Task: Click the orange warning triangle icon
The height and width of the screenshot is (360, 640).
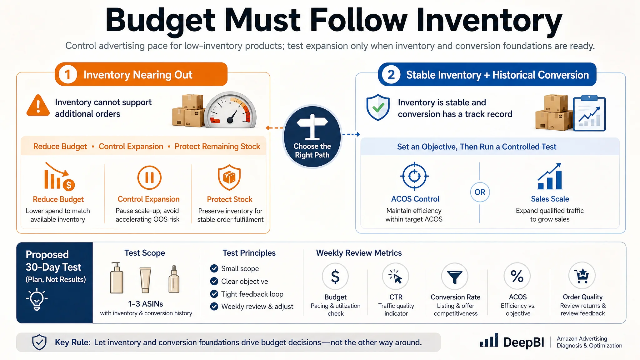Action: click(x=38, y=105)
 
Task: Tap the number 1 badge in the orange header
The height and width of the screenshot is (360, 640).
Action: click(x=67, y=75)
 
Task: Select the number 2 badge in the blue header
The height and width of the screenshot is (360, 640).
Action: click(x=391, y=75)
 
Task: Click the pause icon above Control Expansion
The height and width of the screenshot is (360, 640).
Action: click(x=149, y=177)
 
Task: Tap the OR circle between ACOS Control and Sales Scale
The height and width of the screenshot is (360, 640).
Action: click(x=480, y=192)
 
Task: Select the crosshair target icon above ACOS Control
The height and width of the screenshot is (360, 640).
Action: click(x=414, y=176)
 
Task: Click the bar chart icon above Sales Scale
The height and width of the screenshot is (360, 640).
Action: click(x=550, y=176)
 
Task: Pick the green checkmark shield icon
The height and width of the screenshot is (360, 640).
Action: click(x=378, y=107)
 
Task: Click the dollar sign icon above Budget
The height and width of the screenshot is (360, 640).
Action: click(x=335, y=277)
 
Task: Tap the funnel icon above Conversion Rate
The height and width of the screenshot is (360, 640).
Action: click(x=455, y=277)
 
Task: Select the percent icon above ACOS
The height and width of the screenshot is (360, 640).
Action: click(x=517, y=276)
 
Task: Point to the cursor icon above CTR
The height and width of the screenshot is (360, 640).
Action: click(x=396, y=276)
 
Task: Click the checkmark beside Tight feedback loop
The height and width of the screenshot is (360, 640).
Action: click(x=214, y=294)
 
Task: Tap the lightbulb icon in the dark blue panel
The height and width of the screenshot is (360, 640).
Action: click(x=37, y=299)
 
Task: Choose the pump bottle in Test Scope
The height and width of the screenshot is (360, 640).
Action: click(x=117, y=277)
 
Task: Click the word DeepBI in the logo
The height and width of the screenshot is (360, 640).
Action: click(x=524, y=342)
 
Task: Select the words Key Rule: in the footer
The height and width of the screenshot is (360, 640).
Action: click(x=73, y=342)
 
